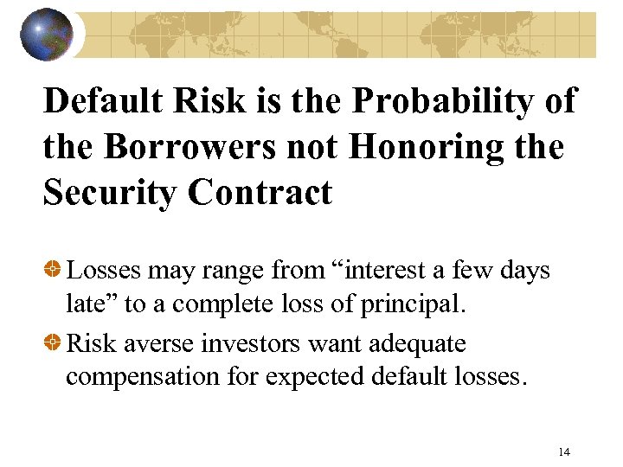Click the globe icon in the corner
click(47, 34)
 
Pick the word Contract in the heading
click(260, 192)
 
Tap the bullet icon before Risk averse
click(54, 343)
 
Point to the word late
click(84, 305)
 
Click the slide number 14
click(564, 451)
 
